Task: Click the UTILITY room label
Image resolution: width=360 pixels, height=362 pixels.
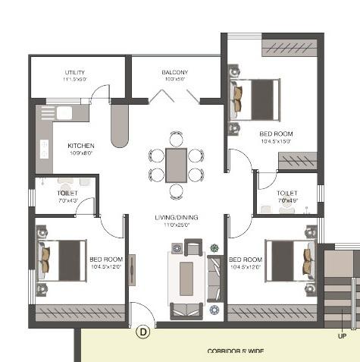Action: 75,73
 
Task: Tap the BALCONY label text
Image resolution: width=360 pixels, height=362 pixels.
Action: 174,73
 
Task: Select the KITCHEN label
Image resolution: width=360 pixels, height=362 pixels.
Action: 81,145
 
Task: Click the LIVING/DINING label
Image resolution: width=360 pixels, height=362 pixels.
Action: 177,218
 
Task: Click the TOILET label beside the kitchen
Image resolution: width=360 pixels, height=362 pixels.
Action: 67,194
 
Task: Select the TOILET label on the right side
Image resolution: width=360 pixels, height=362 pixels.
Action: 287,194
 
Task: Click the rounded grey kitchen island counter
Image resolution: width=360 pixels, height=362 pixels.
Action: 121,124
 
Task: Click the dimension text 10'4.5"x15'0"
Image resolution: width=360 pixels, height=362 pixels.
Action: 276,141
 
